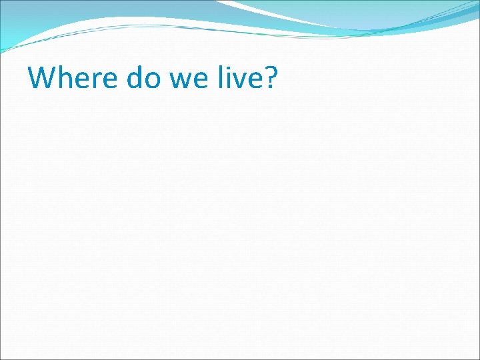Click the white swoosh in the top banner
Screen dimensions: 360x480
(x=280, y=13)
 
